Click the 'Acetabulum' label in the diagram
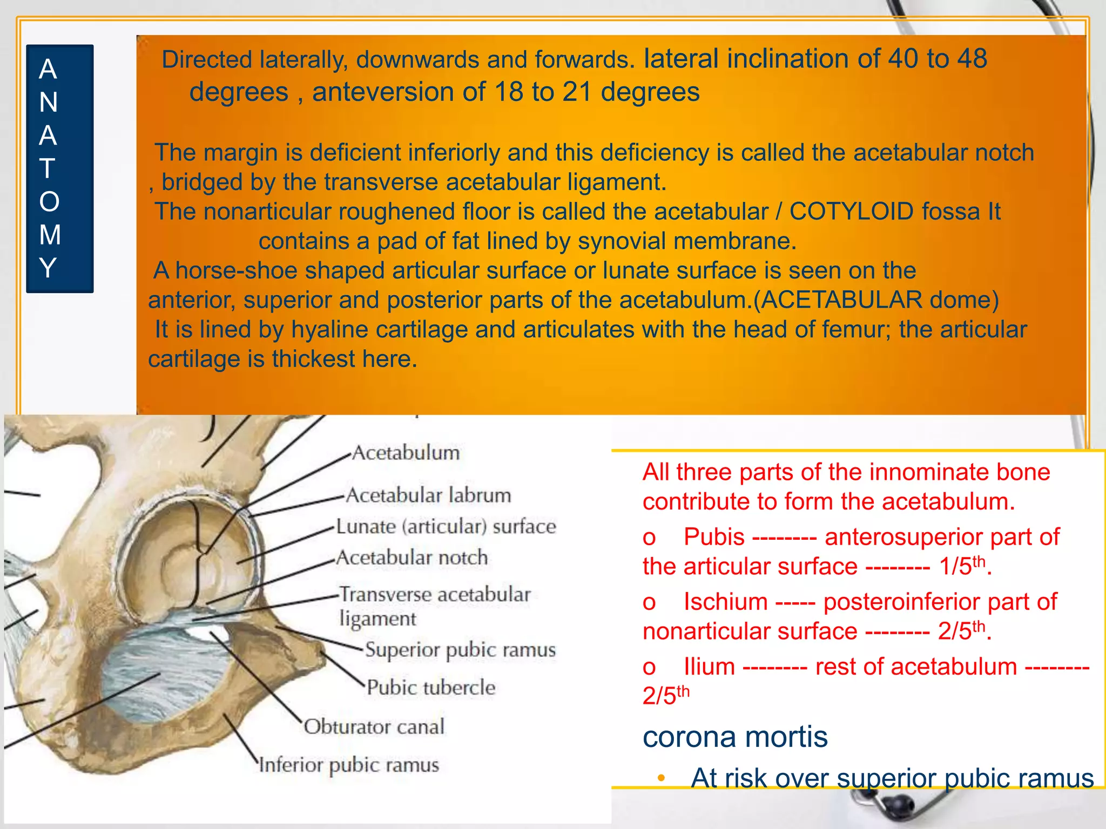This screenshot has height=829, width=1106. click(x=406, y=453)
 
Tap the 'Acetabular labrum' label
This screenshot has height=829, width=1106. click(x=428, y=495)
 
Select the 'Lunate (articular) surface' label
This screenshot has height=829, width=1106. click(x=446, y=527)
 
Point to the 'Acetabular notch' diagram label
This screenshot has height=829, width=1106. click(x=412, y=558)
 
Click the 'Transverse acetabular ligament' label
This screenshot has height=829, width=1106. click(x=435, y=606)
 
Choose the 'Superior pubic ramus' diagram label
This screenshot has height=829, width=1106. click(x=460, y=650)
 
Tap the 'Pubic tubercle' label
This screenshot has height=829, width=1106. click(x=431, y=688)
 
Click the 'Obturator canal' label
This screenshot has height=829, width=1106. click(x=374, y=727)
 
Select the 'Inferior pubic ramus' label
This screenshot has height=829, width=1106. click(x=349, y=765)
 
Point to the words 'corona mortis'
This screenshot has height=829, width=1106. click(x=735, y=737)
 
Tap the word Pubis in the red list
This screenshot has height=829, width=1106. click(x=714, y=537)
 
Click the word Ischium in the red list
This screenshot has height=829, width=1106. click(x=725, y=602)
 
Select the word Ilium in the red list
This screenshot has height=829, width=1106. click(x=709, y=667)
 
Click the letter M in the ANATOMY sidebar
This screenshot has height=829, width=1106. click(x=49, y=235)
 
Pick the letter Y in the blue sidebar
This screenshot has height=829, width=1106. click(x=48, y=268)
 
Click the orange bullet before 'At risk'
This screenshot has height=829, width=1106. click(x=661, y=778)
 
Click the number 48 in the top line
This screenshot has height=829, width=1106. click(x=972, y=58)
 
